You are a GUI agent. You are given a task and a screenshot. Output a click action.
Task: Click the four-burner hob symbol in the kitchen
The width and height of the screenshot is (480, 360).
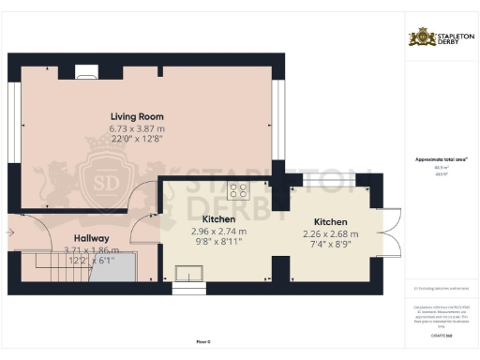pyautogui.click(x=236, y=191)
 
